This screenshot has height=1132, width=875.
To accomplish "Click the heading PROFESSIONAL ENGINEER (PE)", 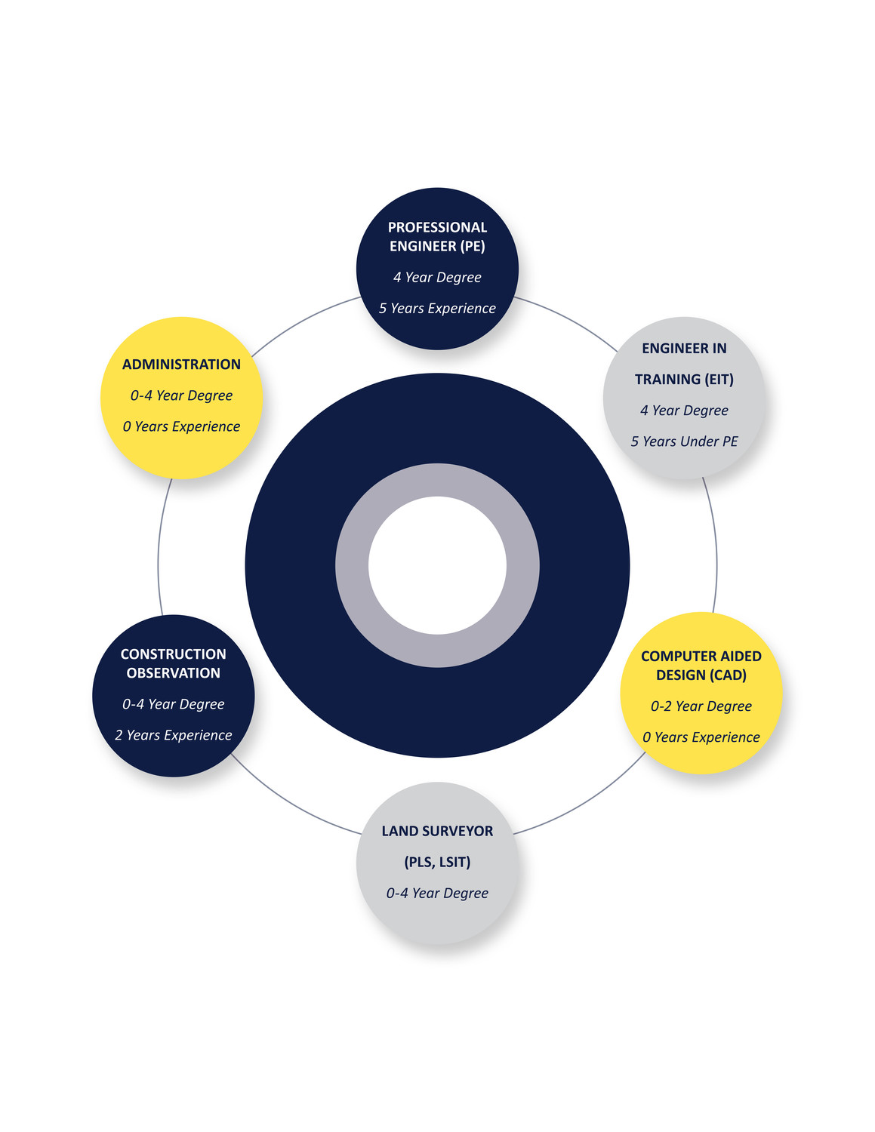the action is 437,236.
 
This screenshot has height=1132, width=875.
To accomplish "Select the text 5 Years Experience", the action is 437,309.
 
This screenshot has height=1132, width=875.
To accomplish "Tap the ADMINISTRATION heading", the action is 181,365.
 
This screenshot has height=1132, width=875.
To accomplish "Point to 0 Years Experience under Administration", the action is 181,426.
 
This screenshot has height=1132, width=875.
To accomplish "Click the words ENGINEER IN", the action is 684,348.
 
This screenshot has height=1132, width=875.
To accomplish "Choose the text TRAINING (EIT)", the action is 684,380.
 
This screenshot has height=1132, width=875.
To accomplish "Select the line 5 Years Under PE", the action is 684,441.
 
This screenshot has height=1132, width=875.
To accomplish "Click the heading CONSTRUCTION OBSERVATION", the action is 174,663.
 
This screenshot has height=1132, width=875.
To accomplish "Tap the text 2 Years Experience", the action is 174,735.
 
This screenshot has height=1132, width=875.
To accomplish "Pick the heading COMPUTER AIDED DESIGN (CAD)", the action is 701,666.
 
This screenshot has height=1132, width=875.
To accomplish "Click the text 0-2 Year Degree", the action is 701,706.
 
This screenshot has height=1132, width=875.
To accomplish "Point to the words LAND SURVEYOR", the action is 437,831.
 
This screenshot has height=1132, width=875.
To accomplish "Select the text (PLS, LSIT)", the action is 437,862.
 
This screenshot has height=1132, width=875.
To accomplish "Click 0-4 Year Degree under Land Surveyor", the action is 437,894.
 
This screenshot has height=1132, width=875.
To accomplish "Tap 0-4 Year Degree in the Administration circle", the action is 181,395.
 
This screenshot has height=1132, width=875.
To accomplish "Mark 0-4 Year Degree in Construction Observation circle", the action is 174,704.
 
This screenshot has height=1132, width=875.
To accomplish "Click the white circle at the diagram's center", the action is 437,565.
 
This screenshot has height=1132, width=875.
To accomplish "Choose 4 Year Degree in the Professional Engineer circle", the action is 437,277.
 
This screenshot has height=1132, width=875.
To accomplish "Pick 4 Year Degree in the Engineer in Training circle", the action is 684,411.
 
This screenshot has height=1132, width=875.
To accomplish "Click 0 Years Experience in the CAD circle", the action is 701,737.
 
